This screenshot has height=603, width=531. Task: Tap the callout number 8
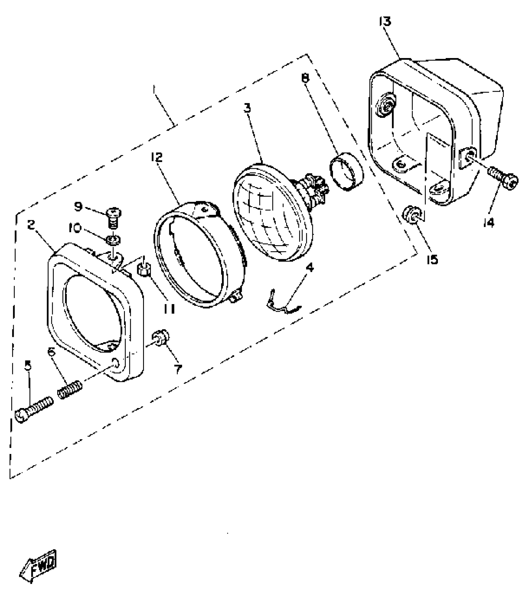(305, 78)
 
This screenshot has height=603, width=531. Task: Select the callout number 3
(247, 108)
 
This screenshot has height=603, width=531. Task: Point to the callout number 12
(157, 157)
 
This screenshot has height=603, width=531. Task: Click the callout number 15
(432, 259)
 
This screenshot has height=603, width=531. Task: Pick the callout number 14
(489, 222)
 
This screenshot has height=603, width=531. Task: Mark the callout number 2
(31, 224)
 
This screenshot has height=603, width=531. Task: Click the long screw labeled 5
(34, 409)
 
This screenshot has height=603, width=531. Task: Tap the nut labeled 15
(412, 215)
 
